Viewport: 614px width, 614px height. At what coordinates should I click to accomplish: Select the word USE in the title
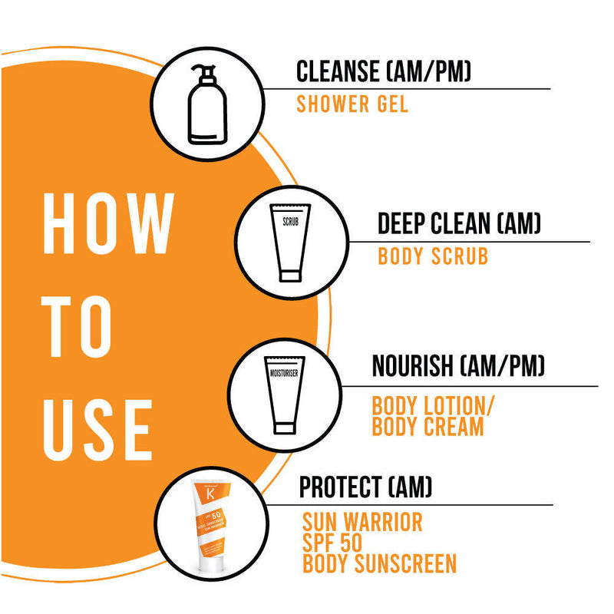pos(97,427)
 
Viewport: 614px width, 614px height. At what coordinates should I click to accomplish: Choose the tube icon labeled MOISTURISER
pos(283,394)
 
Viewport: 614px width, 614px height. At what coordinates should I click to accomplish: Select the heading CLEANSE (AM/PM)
pos(384,72)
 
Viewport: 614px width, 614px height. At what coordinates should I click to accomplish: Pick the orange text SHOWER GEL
pos(352,104)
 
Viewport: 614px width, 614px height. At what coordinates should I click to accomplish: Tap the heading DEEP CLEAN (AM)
pos(460,224)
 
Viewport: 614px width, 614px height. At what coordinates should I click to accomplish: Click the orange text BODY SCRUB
pos(433,256)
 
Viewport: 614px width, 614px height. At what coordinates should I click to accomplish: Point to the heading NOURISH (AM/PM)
pos(458,366)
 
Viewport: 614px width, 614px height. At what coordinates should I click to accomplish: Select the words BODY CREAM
pos(427,427)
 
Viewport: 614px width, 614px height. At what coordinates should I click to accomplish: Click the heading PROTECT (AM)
pos(366,486)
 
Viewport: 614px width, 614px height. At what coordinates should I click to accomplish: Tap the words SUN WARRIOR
pos(362,523)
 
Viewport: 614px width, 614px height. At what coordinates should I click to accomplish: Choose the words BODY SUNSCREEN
pos(380,564)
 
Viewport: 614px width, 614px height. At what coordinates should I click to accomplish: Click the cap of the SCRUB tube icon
pos(289,272)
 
